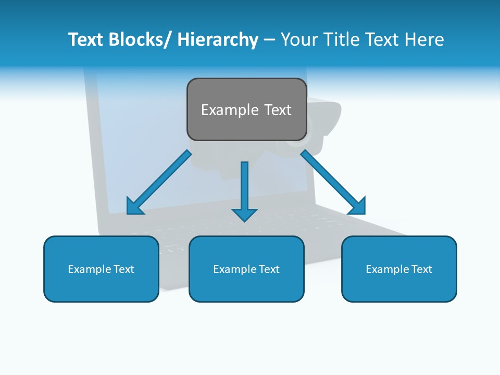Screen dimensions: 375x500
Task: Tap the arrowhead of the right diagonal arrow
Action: [x=357, y=206]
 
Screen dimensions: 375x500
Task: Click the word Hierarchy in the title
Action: [x=217, y=40]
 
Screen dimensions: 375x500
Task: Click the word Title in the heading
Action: [x=342, y=40]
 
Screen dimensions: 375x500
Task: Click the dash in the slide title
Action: [x=269, y=40]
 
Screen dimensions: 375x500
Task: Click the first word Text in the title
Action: [x=86, y=40]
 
